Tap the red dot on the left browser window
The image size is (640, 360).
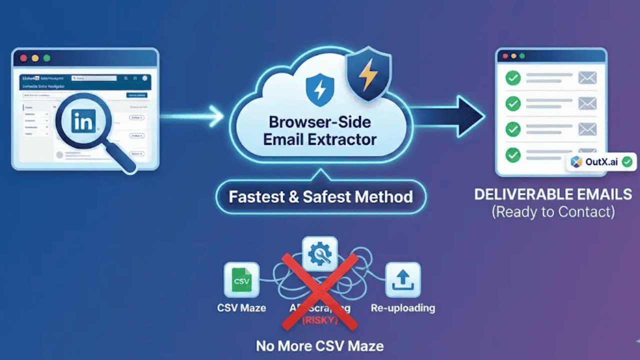(x=23, y=58)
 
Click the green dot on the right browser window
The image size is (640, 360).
(x=522, y=56)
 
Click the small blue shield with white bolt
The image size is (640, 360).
(x=319, y=89)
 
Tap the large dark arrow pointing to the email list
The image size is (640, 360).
(x=450, y=116)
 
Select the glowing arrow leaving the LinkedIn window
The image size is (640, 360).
(x=192, y=116)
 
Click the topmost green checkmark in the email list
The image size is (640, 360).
(x=513, y=78)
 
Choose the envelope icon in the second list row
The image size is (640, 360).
(x=587, y=103)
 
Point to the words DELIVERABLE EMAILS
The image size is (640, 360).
(x=553, y=194)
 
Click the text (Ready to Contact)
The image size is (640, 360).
(x=553, y=211)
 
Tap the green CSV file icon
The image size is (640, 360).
(x=241, y=280)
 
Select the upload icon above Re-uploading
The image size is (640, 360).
(x=402, y=280)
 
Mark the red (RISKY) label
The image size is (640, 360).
(x=319, y=320)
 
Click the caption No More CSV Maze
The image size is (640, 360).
(x=320, y=346)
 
